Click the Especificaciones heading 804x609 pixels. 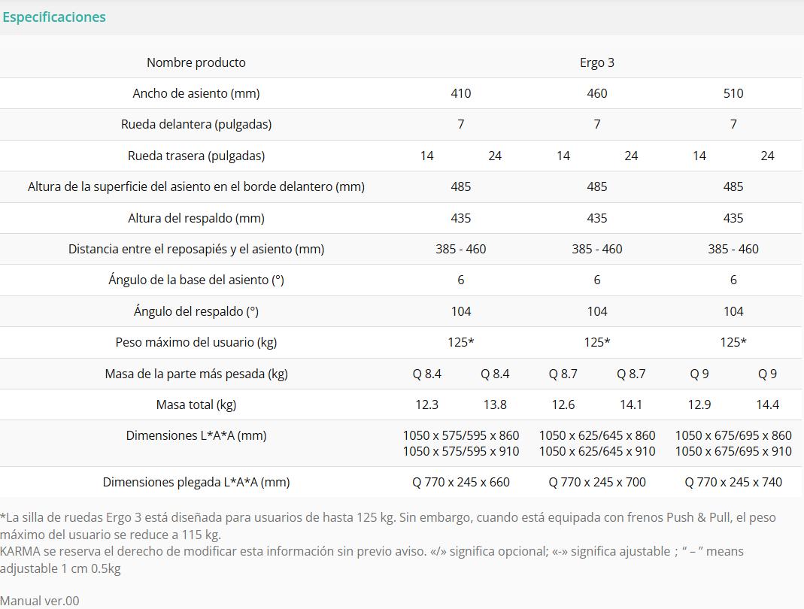54,17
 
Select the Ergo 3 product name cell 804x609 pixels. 597,62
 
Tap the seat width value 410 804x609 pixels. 460,93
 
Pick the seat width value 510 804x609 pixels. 733,93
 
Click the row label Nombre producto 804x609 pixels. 196,62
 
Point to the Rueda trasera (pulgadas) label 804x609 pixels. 196,156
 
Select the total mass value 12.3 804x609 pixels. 426,404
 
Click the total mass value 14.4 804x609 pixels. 767,404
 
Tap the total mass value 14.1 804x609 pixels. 631,404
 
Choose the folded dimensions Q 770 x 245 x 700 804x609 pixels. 597,482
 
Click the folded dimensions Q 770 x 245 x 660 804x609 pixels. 460,482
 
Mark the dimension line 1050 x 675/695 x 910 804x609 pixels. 733,451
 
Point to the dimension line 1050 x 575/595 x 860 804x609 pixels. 460,435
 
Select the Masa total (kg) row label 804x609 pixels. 196,404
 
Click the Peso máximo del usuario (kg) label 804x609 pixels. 196,342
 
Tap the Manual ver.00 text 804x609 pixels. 39,601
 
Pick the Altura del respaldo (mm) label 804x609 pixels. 196,218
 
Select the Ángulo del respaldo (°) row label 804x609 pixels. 196,311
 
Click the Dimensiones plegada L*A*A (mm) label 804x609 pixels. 196,482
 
